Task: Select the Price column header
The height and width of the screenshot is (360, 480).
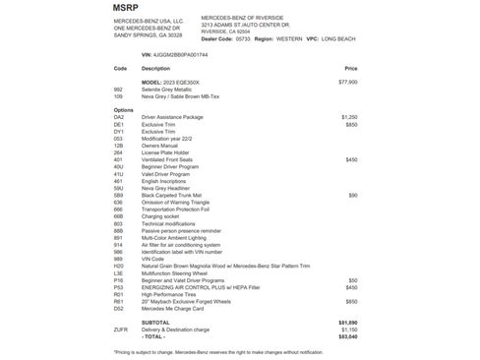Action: [350, 69]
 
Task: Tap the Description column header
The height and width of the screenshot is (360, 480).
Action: [155, 69]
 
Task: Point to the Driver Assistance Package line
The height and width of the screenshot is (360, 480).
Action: [172, 116]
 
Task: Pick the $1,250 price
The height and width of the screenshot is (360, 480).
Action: [348, 116]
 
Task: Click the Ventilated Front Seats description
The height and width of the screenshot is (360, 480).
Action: [168, 159]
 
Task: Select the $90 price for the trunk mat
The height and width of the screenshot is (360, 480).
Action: [352, 195]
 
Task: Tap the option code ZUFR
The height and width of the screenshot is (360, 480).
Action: [121, 329]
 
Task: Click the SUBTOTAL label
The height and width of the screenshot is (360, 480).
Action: [156, 322]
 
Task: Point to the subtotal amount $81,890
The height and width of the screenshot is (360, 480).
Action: [346, 322]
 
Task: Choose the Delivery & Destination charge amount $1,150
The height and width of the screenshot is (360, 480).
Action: [348, 329]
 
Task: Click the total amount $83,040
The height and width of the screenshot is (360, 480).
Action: [346, 335]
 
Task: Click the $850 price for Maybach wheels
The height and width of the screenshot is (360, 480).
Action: [350, 301]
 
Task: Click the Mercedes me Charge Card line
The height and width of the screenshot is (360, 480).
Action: [177, 308]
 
